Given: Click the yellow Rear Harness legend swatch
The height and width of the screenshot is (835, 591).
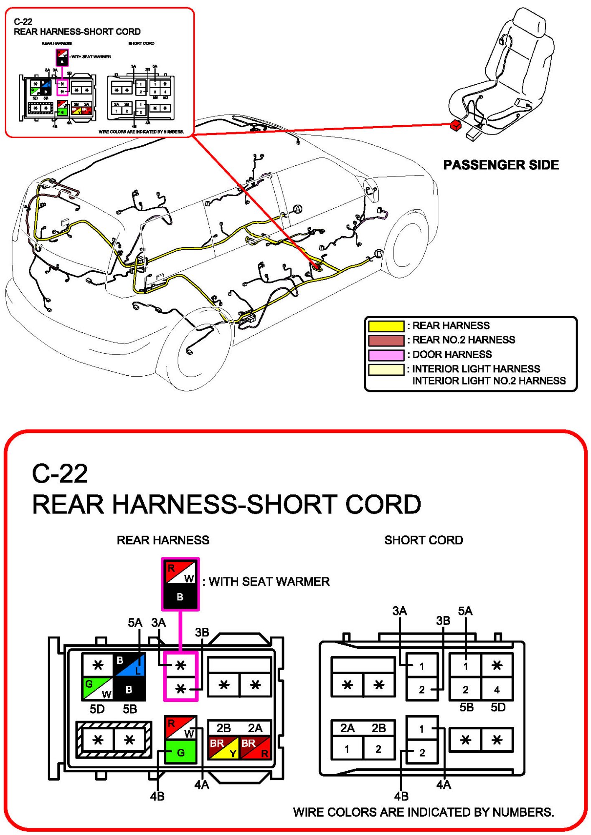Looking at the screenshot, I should (386, 326).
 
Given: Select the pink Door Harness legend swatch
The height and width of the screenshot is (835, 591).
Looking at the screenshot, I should (386, 355).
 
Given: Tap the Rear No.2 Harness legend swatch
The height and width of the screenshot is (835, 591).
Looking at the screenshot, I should (386, 340).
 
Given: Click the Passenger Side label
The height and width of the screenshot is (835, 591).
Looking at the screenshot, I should (501, 165).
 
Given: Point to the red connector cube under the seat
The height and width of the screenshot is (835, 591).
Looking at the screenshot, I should (456, 125).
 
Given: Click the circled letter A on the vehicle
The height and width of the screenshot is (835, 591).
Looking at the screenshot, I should (297, 209).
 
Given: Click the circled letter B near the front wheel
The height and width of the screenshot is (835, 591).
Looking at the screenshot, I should (379, 253).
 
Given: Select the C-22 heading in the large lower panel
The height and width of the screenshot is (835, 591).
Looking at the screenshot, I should (60, 473).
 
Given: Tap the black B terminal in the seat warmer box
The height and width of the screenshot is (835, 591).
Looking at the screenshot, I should (180, 597).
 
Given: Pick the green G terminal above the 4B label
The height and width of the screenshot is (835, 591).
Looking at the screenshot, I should (180, 752).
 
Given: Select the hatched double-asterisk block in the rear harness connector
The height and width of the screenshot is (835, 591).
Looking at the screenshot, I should (114, 740).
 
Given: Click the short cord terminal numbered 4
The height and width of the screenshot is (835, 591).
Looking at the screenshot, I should (497, 690).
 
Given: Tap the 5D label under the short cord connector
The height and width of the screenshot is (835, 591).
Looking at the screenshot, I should (498, 707).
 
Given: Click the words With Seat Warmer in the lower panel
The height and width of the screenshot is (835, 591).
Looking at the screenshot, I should (269, 581).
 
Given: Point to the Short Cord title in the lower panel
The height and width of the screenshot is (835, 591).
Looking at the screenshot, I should (423, 540).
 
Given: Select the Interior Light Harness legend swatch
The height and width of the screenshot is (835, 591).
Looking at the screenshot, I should (386, 369).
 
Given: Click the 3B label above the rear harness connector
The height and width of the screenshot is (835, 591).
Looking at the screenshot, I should (202, 632).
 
